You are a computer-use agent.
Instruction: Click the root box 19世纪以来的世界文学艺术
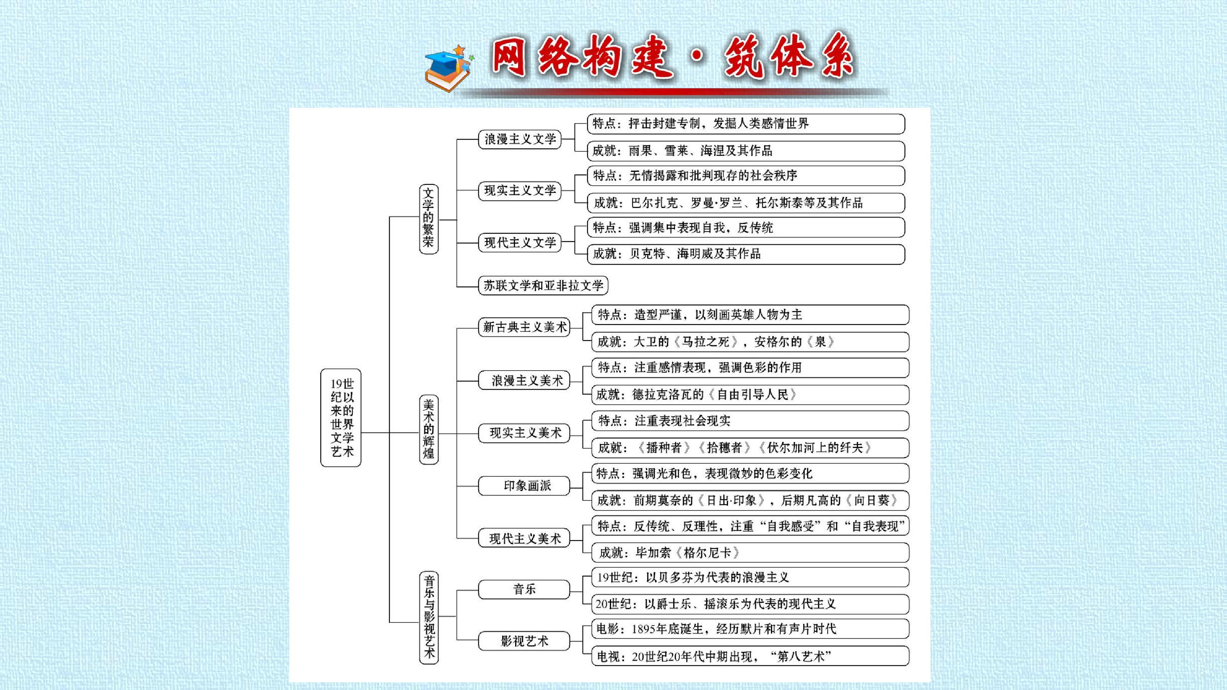coord(341,418)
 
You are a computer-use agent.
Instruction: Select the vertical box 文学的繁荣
coord(429,219)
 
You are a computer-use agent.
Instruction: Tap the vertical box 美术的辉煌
coord(429,430)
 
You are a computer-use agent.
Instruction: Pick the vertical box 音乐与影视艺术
coord(429,618)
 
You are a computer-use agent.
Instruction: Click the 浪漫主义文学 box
coord(520,139)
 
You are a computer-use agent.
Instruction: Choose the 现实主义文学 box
coord(520,191)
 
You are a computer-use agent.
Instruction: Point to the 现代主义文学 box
coord(520,242)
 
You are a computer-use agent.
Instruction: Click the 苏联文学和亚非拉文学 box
coord(544,285)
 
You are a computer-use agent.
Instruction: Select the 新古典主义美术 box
coord(524,327)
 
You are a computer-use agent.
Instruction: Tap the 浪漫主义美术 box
coord(524,380)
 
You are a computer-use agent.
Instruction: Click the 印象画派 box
coord(524,486)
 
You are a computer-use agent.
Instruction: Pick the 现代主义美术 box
coord(524,538)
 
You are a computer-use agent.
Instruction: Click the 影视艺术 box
coord(524,641)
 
